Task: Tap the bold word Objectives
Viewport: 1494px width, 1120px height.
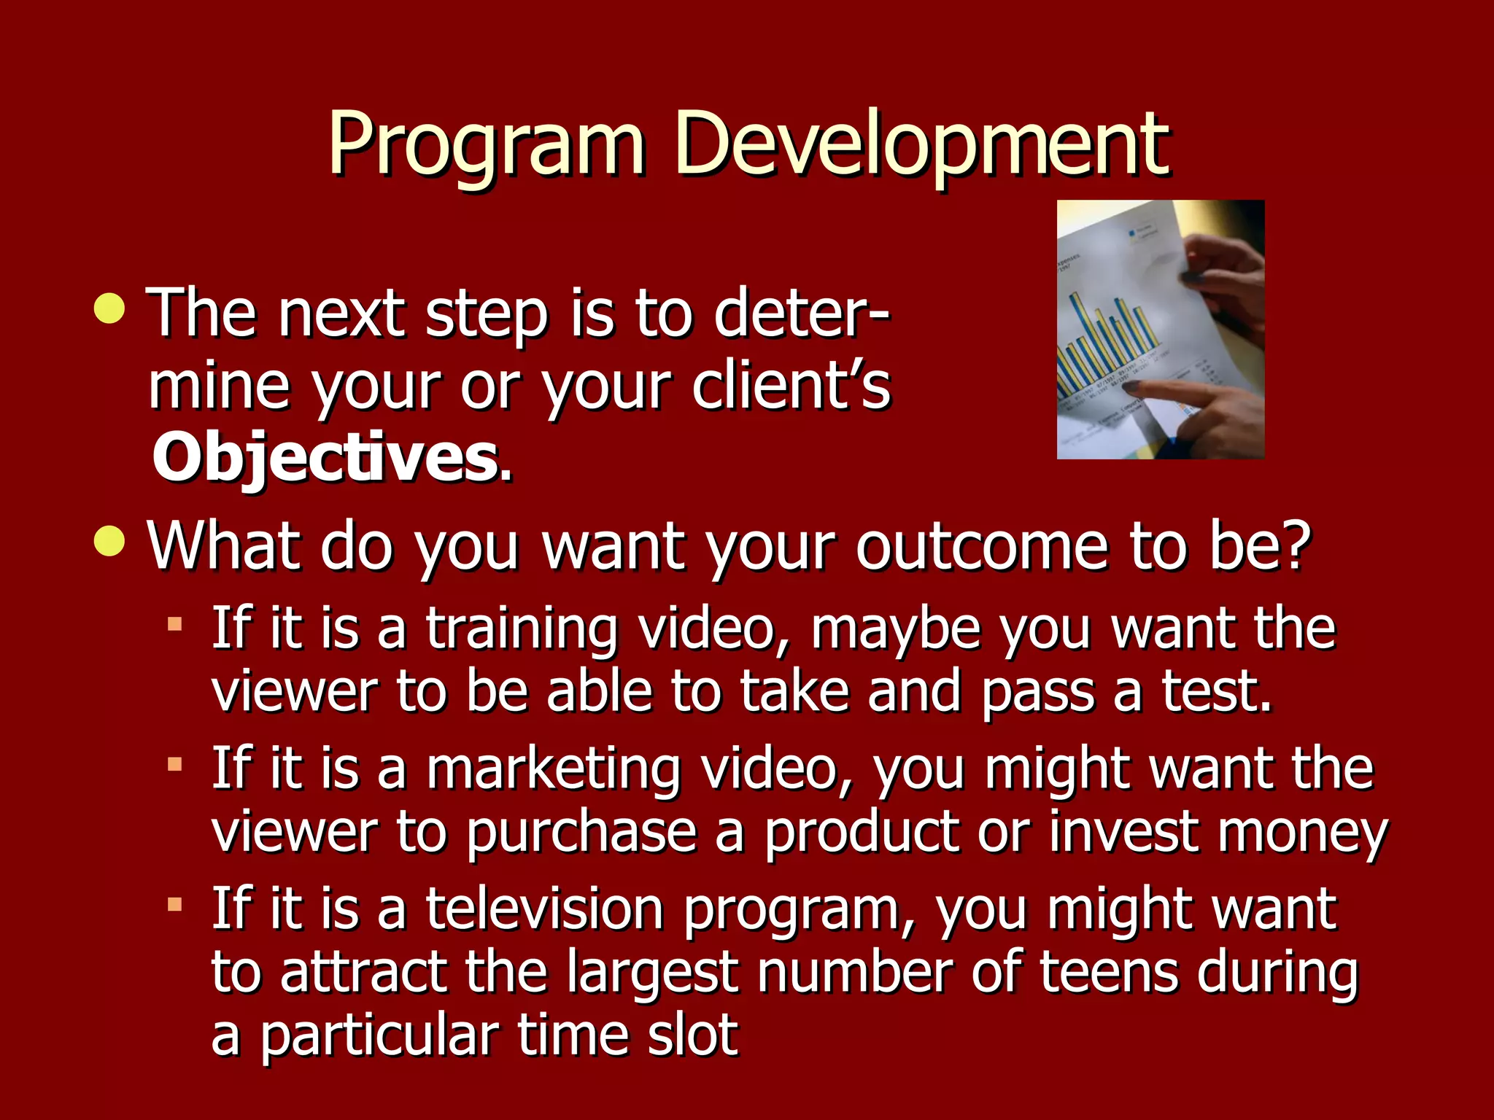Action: point(325,458)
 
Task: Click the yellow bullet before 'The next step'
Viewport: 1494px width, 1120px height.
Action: point(110,309)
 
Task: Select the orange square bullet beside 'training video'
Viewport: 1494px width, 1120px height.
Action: point(174,624)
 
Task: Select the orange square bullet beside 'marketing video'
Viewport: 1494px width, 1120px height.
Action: point(174,764)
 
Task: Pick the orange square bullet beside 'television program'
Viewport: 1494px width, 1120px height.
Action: point(174,905)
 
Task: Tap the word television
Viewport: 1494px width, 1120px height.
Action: point(544,909)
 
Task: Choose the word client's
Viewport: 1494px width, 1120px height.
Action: point(791,386)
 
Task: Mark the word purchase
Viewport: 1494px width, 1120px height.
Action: point(581,833)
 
